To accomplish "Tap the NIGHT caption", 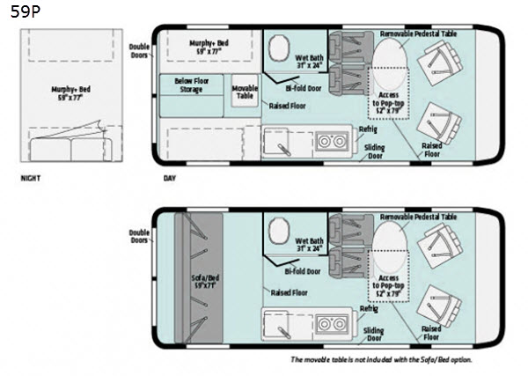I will [32, 177].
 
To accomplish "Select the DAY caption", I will [170, 177].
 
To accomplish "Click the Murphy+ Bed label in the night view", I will [72, 90].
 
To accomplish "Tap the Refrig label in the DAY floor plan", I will [369, 128].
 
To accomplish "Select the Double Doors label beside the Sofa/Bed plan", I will [139, 235].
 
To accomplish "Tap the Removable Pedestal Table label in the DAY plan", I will [419, 33].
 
